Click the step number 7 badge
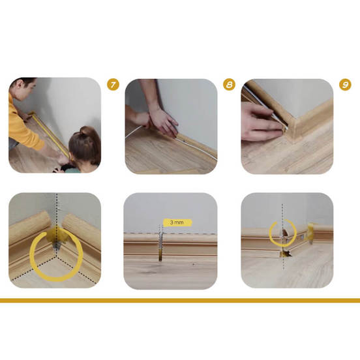coord(113,85)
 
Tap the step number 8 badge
coord(229,85)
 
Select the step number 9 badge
coord(345,85)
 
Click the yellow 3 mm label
coord(177,222)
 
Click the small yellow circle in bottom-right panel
coord(283,233)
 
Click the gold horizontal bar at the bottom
coord(180,301)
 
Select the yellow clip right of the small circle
coord(309,232)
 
